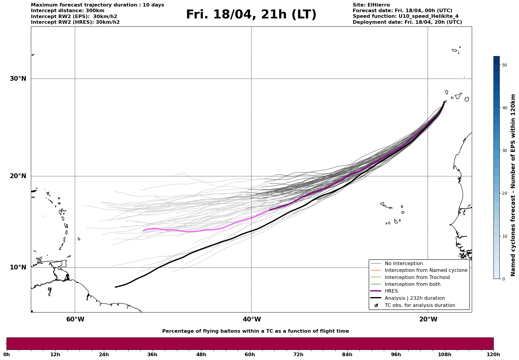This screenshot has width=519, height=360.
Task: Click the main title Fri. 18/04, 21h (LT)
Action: coord(251,15)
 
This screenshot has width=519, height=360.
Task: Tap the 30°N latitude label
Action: coord(18,79)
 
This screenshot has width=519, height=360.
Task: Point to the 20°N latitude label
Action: coord(18,176)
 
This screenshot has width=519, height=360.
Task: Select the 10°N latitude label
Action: coord(18,267)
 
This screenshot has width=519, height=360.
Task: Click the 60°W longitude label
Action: coord(75,319)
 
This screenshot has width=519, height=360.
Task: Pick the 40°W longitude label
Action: coord(252,319)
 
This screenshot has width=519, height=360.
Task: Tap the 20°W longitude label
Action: coord(428,319)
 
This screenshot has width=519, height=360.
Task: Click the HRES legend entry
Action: coord(391,291)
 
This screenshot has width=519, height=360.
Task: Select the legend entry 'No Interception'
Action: coord(404,264)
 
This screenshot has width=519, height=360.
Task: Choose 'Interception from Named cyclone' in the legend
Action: coord(426,270)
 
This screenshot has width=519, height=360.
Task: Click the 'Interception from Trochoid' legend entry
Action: coord(417,277)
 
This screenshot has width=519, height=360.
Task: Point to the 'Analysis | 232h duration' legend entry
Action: coord(414,298)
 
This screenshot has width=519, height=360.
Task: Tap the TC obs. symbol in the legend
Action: coord(376,305)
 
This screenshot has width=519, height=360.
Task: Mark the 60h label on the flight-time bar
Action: coord(250,354)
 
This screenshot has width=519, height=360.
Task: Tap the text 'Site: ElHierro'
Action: coord(371,5)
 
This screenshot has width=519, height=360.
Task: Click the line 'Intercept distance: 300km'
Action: coord(67,11)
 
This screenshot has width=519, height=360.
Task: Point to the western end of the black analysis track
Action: coord(115,287)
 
